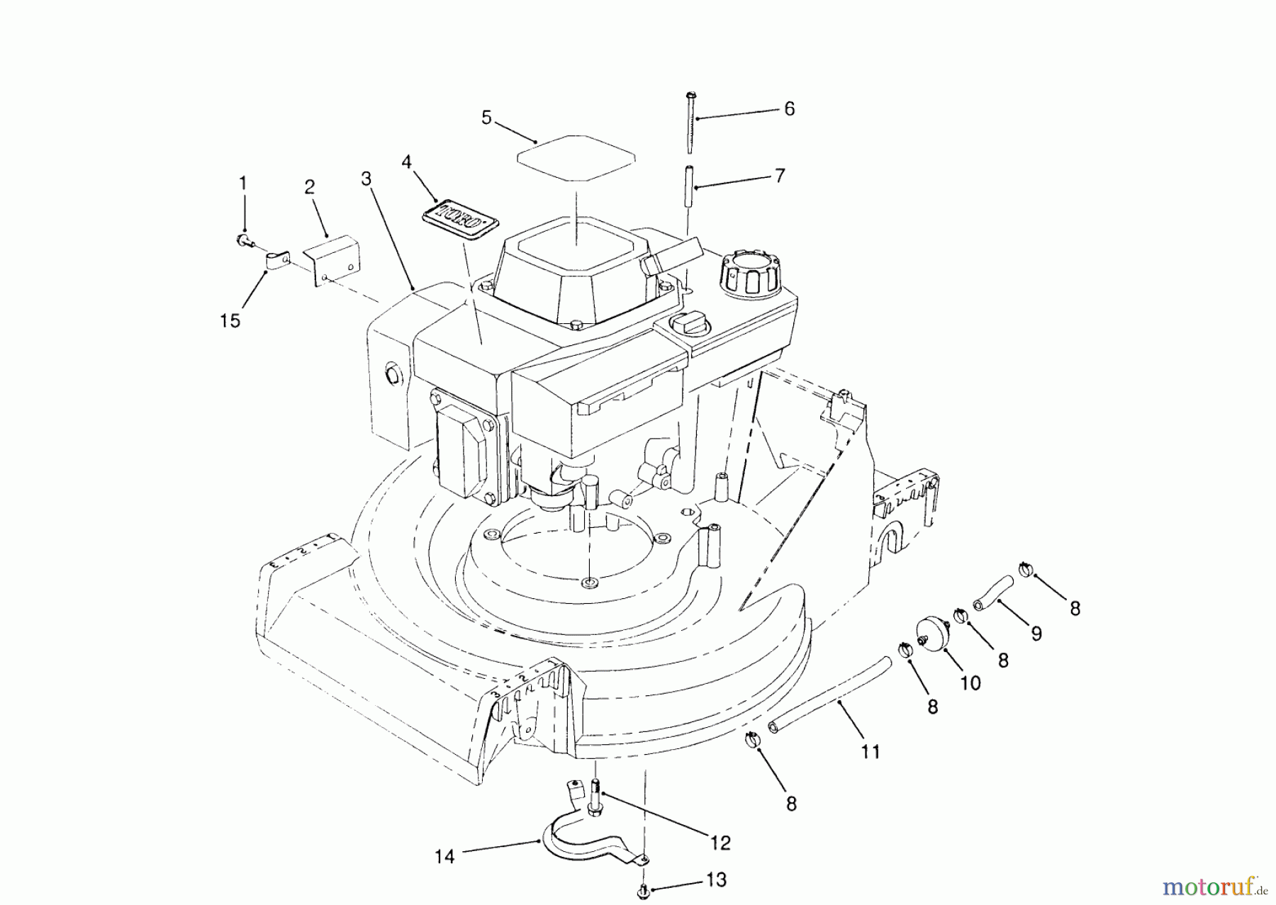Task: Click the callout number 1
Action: click(x=243, y=184)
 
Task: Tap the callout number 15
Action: click(x=230, y=321)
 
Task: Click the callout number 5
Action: click(x=486, y=118)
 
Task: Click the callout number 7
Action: click(x=780, y=175)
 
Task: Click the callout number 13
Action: click(x=716, y=880)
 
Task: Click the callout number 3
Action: click(x=366, y=179)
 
